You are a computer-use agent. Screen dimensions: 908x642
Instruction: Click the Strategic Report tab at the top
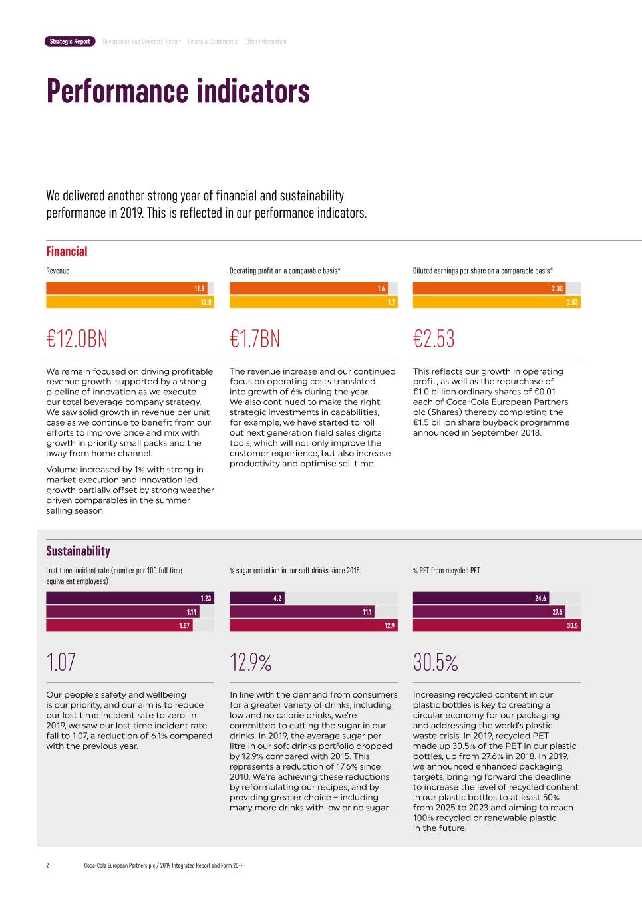[x=70, y=41]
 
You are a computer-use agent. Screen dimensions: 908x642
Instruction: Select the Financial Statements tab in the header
[x=212, y=41]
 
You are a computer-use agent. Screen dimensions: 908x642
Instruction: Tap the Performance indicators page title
[x=178, y=91]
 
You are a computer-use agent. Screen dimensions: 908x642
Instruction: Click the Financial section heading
[x=67, y=251]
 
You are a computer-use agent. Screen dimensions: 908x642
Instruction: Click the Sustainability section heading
[x=78, y=551]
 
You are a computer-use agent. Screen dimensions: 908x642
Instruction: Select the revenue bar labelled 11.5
[x=126, y=289]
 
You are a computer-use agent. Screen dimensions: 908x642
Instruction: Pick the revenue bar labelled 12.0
[x=130, y=302]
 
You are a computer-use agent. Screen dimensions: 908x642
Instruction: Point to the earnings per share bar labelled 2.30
[x=489, y=289]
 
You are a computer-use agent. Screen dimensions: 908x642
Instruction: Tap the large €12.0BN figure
[x=77, y=339]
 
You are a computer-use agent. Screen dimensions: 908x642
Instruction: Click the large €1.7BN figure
[x=255, y=339]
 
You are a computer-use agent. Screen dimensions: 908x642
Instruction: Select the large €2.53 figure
[x=434, y=339]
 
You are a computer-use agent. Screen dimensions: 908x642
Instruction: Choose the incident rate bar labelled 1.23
[x=130, y=598]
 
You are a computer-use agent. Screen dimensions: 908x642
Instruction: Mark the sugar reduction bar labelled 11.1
[x=301, y=612]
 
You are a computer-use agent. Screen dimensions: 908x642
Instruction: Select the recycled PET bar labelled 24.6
[x=480, y=598]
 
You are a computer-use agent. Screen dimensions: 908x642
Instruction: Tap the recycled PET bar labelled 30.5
[x=496, y=625]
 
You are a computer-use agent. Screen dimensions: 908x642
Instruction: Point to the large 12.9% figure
[x=251, y=663]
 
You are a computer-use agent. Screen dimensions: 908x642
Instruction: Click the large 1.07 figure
[x=61, y=663]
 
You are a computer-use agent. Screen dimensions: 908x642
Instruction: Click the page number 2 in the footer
[x=47, y=865]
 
